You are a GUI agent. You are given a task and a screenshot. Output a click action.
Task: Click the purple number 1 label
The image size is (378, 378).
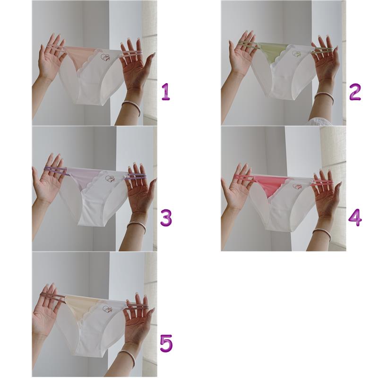click(x=166, y=92)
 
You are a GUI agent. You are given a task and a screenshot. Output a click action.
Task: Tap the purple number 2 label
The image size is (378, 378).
click(x=355, y=92)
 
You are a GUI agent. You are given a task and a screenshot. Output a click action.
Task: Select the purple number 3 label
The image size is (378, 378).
click(x=166, y=218)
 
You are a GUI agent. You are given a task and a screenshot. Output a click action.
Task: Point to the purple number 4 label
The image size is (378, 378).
click(x=355, y=217)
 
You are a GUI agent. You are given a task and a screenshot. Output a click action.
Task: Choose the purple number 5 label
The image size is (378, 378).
click(x=166, y=344)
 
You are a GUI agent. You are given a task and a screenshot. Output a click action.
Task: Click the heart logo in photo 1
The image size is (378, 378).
click(x=105, y=57)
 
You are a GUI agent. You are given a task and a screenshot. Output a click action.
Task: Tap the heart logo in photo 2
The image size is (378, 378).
click(x=297, y=54)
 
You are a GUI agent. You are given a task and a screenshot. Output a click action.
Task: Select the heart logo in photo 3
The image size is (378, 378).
click(x=110, y=179)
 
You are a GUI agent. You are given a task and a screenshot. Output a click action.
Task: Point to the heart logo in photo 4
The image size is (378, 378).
click(x=297, y=186)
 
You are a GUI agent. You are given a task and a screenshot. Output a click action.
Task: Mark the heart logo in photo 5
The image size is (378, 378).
click(x=107, y=310)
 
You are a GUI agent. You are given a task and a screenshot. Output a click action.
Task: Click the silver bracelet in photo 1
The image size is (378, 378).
click(x=131, y=108)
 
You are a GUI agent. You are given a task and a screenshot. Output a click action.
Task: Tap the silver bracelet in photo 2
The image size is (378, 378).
click(x=324, y=98)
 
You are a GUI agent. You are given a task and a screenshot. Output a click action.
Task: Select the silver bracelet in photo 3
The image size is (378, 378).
click(x=137, y=227)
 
